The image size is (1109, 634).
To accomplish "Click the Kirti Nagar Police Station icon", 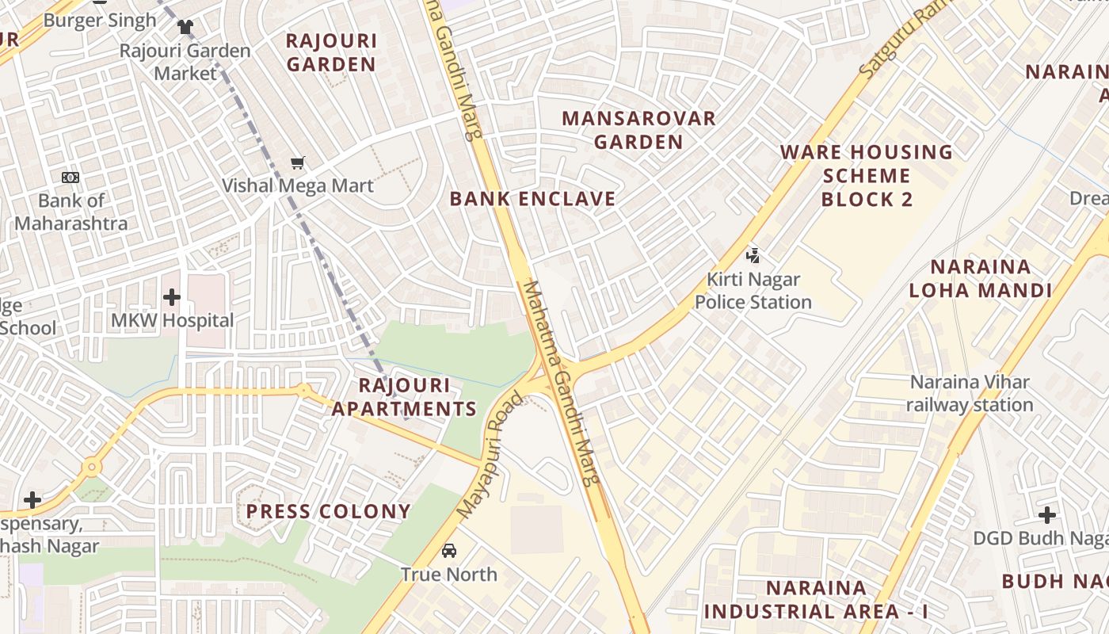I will pos(753,255).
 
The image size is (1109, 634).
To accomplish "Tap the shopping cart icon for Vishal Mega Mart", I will pos(298,163).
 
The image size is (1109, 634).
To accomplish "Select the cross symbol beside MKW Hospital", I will pos(171,297).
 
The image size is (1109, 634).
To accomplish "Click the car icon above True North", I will pos(449,550).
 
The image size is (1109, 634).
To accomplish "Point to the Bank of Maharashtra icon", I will pos(71,178).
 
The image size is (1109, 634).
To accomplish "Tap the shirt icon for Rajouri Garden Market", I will pos(185,27).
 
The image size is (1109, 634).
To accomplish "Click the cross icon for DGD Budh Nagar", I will pos(1047,515).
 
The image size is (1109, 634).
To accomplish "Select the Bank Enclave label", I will pos(532,199).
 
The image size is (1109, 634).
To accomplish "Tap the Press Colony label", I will pos(328,511).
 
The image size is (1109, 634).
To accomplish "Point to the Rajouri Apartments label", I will pos(404,397).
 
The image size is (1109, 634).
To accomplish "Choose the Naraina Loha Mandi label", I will pos(980,278).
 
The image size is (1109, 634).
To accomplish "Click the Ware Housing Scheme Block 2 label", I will pos(867,175).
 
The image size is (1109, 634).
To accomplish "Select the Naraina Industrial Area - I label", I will pos(816,600).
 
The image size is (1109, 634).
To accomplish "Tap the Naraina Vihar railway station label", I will pos(970,393).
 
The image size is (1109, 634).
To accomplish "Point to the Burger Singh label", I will pos(100,20).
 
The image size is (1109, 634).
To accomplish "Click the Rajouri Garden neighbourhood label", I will pos(331,52).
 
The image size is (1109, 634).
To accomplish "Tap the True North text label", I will pos(449,574).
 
